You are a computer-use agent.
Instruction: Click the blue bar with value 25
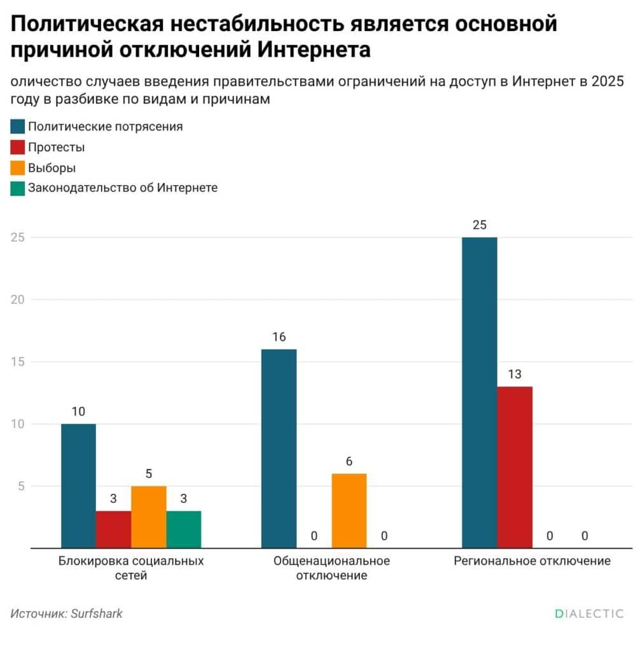click(479, 392)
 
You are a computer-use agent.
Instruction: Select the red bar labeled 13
click(515, 467)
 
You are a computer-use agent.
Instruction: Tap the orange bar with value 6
click(349, 511)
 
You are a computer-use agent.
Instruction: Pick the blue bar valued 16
click(279, 448)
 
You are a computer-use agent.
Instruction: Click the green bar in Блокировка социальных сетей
click(184, 529)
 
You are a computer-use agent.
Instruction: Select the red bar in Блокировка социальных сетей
click(113, 529)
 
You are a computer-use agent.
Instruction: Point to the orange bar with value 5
click(148, 517)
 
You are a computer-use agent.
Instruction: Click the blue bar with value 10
click(78, 486)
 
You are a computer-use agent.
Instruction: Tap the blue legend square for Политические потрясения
click(18, 127)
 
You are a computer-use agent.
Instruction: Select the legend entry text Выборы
click(52, 168)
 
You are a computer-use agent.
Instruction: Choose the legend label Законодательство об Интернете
click(123, 188)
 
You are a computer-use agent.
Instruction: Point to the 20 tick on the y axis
click(17, 299)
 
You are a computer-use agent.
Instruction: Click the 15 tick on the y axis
click(17, 362)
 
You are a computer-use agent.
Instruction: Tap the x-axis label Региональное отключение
click(532, 561)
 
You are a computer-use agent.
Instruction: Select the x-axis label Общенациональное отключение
click(331, 568)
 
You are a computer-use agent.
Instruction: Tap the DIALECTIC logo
click(588, 613)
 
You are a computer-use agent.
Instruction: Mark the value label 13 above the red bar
click(515, 374)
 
